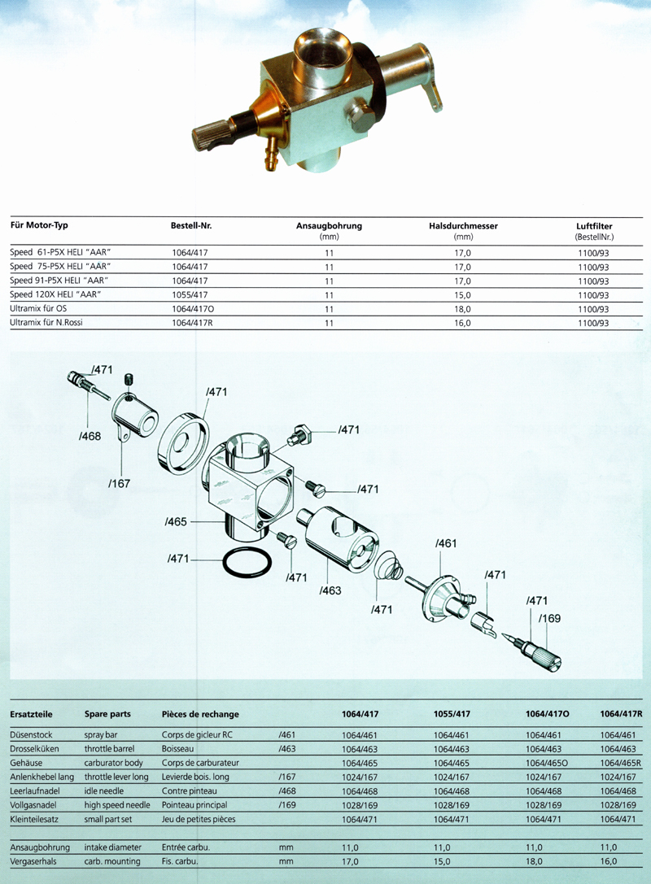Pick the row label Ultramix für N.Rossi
tap(46, 323)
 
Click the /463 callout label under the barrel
tap(331, 590)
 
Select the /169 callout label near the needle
tap(550, 617)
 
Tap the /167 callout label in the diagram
tap(119, 483)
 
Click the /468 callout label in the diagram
tap(90, 437)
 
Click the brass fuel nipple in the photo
tap(269, 155)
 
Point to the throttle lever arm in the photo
tap(433, 94)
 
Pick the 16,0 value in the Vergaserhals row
tap(609, 860)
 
